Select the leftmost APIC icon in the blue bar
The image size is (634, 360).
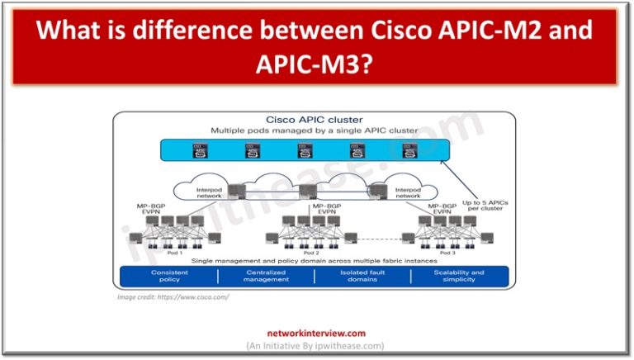point(198,150)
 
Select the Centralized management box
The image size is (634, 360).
point(266,276)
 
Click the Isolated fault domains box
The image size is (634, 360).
point(362,276)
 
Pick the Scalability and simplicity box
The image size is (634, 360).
point(460,276)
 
